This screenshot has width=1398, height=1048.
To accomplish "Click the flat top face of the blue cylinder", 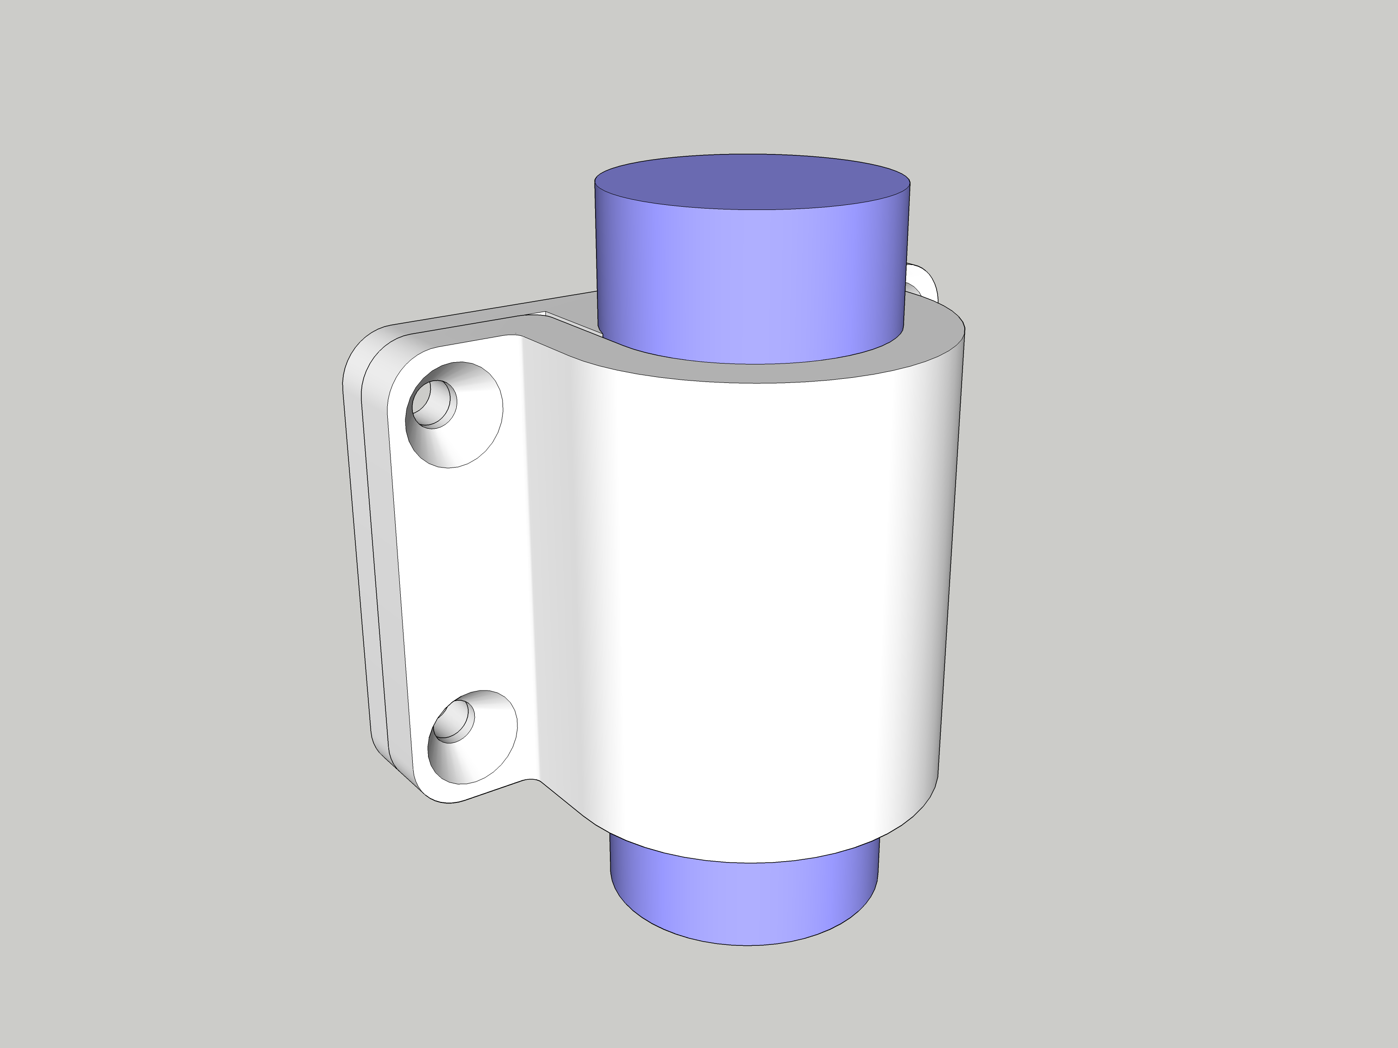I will pyautogui.click(x=752, y=181).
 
